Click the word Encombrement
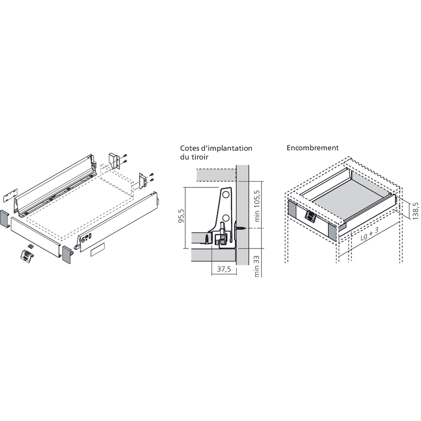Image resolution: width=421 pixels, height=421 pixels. click(313, 148)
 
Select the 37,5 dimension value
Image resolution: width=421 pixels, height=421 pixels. click(224, 270)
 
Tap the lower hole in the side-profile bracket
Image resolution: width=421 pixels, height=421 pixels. click(226, 217)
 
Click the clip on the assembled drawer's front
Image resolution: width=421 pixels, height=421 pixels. click(310, 216)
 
